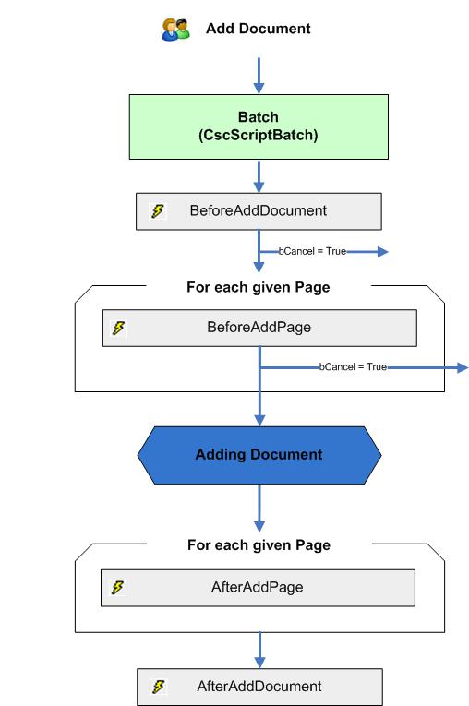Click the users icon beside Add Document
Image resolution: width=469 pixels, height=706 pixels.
coord(175,29)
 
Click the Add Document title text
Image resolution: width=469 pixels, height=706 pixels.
coord(259,29)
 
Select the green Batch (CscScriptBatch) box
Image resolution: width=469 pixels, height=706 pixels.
coord(259,126)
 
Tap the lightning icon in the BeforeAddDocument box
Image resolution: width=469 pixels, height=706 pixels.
coord(157,210)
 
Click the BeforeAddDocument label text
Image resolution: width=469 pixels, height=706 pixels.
coord(259,210)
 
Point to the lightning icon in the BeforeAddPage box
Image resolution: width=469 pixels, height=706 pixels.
coord(118,327)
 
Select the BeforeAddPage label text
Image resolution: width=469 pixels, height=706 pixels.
coord(259,327)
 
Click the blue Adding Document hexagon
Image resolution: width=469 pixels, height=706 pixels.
coord(259,454)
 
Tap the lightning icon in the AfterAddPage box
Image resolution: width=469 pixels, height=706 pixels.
coord(118,587)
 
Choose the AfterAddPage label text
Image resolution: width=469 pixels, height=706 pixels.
coord(259,587)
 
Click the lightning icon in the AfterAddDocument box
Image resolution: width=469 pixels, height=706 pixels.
coord(157,687)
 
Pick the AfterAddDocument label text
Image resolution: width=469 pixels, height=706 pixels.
coord(259,687)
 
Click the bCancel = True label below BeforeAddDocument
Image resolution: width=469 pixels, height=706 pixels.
coord(312,251)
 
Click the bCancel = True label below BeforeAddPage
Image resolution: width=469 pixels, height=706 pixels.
coord(353,367)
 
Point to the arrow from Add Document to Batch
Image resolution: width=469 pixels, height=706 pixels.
coord(259,74)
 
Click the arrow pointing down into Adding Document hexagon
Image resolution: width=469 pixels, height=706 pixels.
coord(259,406)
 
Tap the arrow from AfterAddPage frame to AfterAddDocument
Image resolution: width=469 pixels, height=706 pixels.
coord(259,651)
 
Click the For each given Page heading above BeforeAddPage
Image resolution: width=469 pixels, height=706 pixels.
coord(259,287)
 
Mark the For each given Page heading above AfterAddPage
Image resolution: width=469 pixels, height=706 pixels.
coord(259,545)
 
